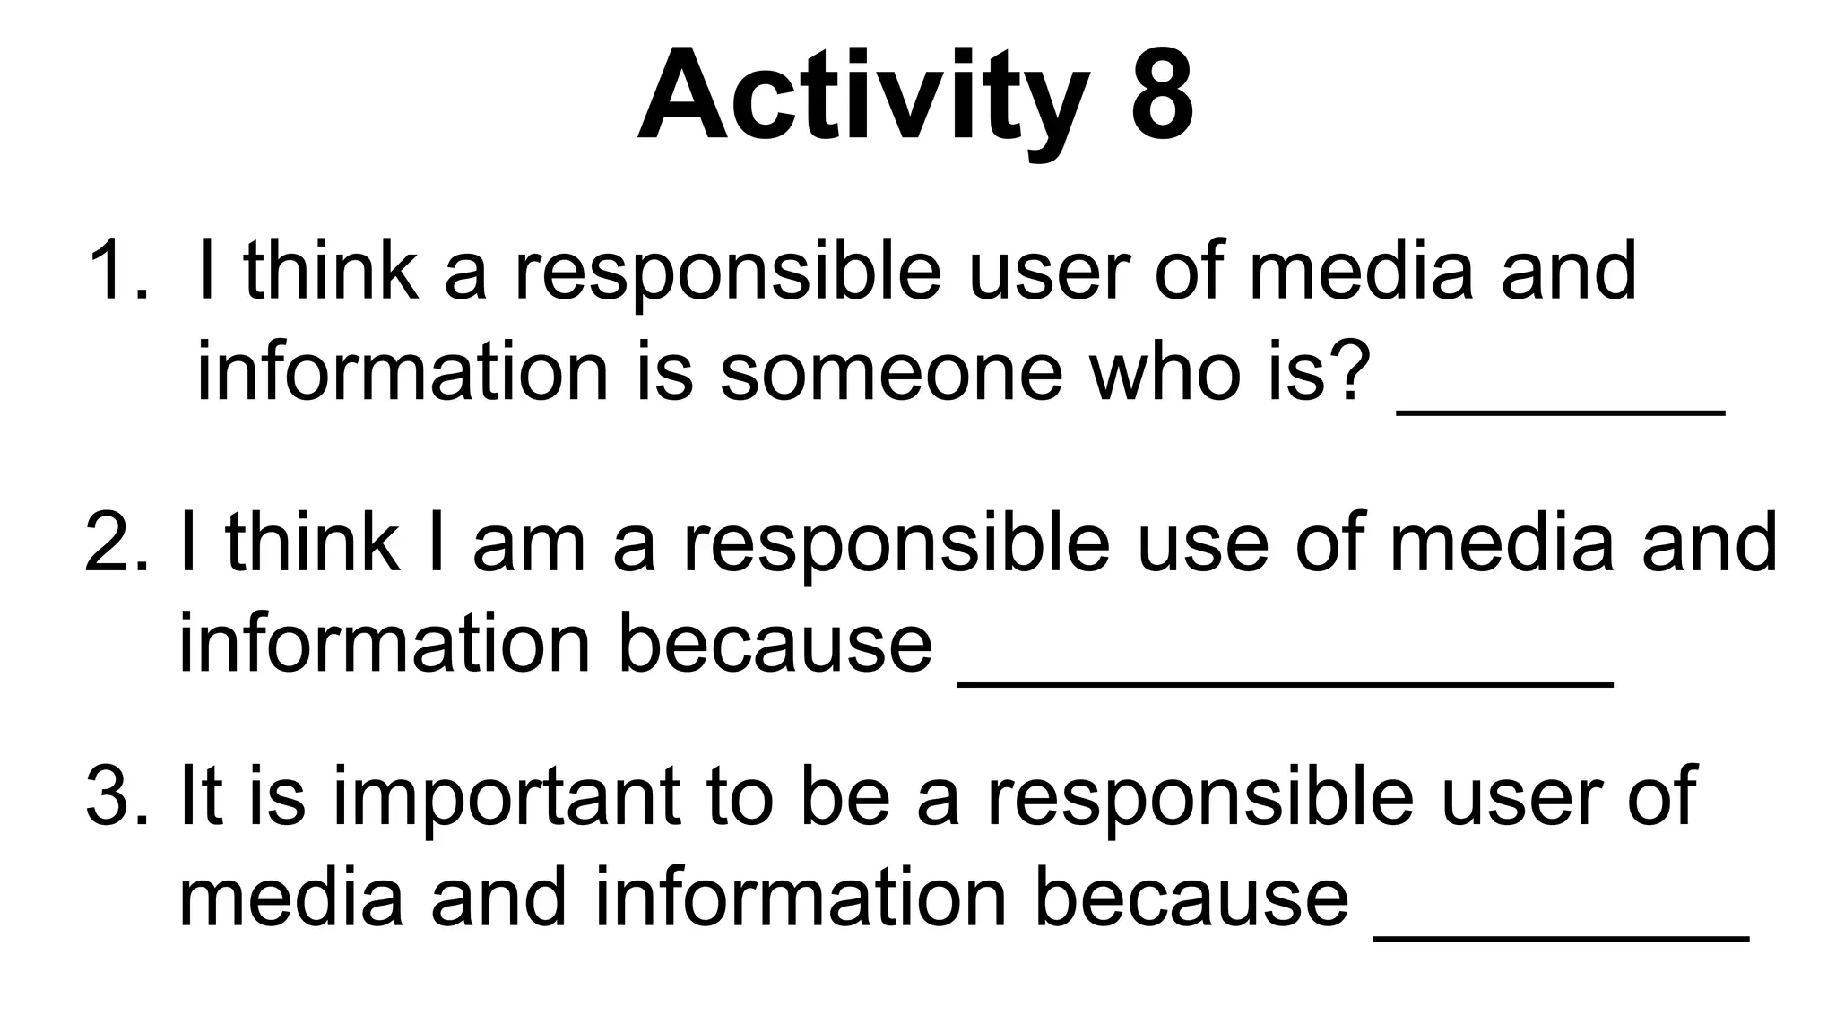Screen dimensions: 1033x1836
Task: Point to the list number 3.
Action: click(x=117, y=796)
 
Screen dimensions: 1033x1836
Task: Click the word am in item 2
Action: click(x=529, y=543)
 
